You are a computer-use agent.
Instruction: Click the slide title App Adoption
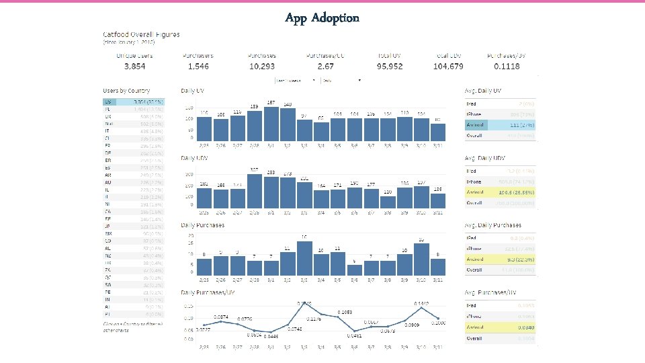pyautogui.click(x=322, y=17)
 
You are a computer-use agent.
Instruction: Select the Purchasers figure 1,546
pyautogui.click(x=198, y=67)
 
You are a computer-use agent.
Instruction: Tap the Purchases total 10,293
pyautogui.click(x=261, y=67)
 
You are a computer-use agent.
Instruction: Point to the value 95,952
pyautogui.click(x=389, y=67)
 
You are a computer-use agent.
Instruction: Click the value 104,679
pyautogui.click(x=449, y=67)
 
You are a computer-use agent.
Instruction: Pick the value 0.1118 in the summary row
pyautogui.click(x=505, y=67)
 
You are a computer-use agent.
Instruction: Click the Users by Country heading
pyautogui.click(x=126, y=90)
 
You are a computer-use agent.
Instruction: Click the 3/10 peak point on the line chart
pyautogui.click(x=421, y=306)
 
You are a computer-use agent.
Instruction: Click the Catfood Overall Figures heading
pyautogui.click(x=140, y=34)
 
